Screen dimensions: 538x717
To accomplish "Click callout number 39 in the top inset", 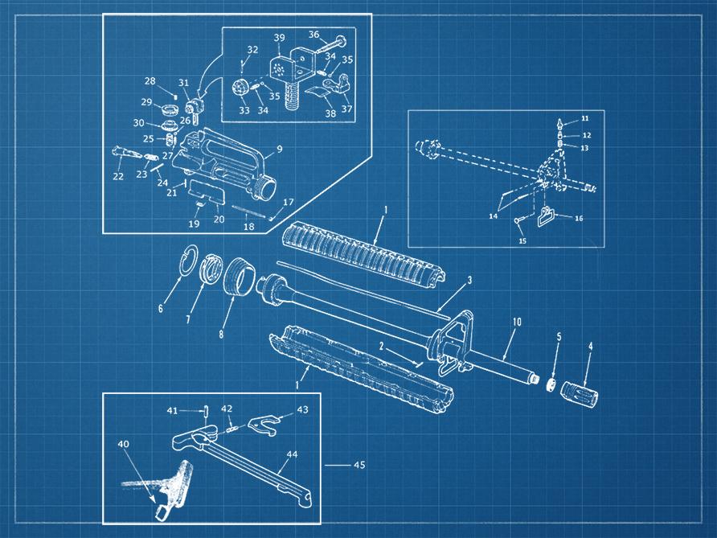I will coord(278,39).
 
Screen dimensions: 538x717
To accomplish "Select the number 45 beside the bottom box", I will coord(358,465).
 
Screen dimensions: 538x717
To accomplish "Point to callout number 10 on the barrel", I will coord(517,322).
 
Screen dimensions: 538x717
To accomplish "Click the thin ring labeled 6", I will coord(191,261).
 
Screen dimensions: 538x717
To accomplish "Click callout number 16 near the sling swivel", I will coord(578,218).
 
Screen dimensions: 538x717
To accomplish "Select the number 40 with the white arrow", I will coord(123,444).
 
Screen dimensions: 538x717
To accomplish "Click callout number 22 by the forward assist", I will coord(118,176).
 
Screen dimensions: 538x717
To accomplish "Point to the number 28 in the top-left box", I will coord(150,81).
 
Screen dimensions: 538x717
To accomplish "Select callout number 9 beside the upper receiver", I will coord(279,149).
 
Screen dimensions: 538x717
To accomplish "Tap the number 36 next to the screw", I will coord(313,35).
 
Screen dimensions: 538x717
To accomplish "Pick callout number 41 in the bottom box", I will coord(172,410).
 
